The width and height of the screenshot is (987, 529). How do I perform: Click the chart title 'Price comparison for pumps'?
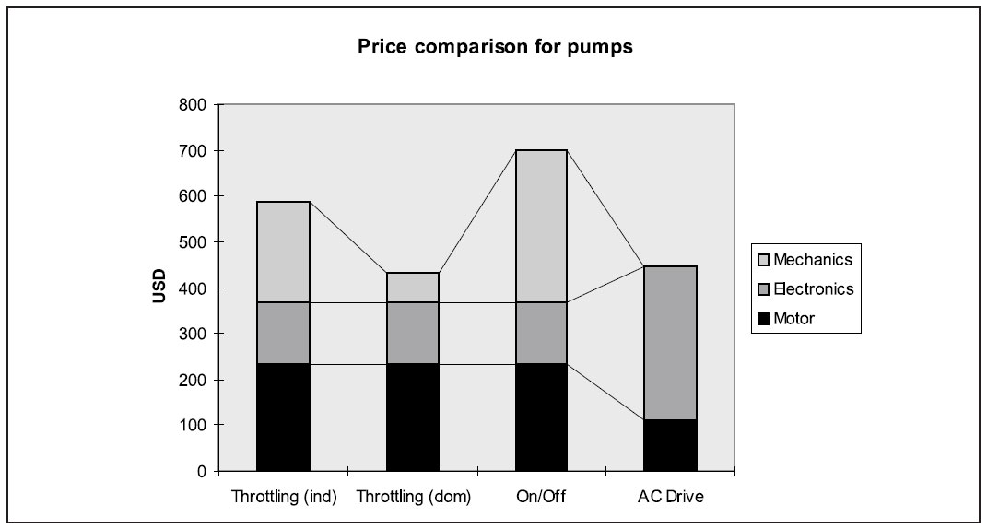tap(495, 48)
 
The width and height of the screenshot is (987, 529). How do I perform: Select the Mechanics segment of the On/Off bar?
tap(541, 226)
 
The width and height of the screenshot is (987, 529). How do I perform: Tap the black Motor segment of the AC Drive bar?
tap(671, 445)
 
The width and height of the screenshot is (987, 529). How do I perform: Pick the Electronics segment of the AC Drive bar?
tap(671, 342)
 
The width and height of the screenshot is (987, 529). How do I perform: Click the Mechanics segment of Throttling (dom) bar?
tap(412, 288)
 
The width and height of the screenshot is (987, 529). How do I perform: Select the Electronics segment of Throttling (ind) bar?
tap(283, 333)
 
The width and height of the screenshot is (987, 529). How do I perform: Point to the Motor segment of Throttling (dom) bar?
tap(412, 417)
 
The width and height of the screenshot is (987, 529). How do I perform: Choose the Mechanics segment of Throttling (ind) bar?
tap(283, 252)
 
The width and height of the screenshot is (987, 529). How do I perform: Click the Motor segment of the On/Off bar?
tap(541, 417)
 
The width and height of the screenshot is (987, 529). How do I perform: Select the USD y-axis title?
tap(159, 287)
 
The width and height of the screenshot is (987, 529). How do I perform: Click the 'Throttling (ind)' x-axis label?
tap(283, 497)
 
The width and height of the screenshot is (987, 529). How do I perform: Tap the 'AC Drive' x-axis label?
tap(671, 497)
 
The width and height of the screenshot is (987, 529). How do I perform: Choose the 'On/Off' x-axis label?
tap(541, 497)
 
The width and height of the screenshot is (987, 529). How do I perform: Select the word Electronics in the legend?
tap(814, 289)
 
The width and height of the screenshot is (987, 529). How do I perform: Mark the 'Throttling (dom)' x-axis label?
tap(412, 497)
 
